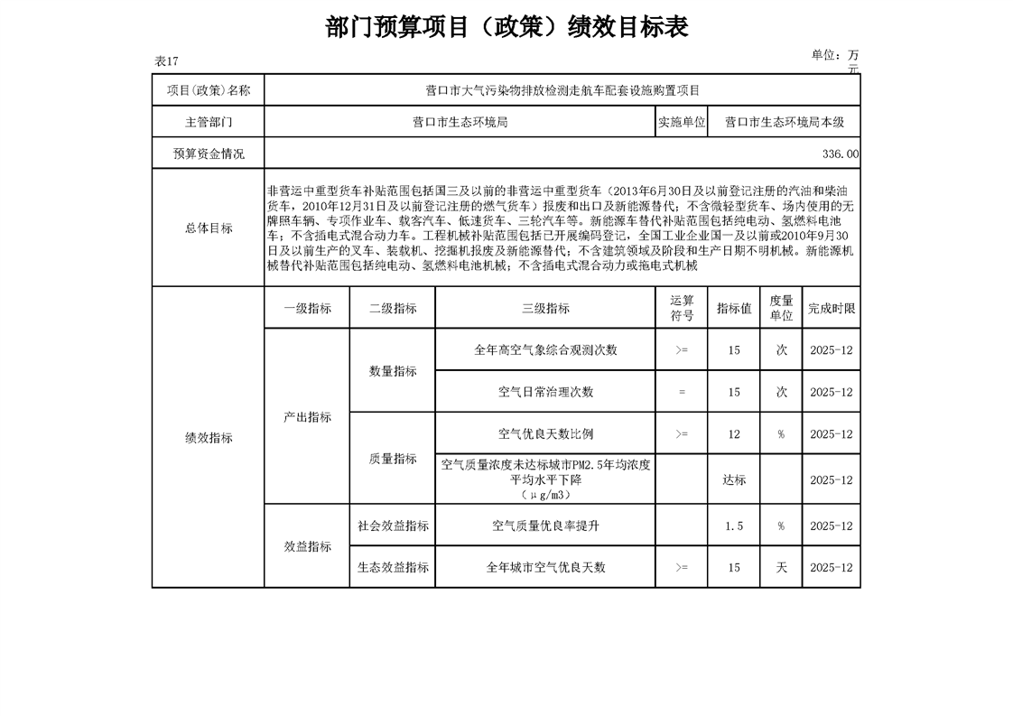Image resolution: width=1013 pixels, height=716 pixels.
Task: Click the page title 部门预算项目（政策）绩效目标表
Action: [506, 27]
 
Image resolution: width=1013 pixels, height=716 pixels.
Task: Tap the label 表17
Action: [167, 61]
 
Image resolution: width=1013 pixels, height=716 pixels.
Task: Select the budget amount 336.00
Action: [841, 154]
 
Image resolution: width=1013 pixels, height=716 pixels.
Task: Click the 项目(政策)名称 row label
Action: [209, 90]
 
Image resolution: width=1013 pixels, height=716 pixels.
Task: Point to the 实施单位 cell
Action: [682, 122]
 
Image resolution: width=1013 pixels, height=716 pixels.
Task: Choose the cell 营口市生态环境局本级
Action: [784, 122]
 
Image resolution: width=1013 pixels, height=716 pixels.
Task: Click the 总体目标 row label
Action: [209, 228]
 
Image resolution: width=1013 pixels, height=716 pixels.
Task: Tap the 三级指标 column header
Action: [545, 308]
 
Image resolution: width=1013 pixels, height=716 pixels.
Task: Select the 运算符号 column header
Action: [682, 308]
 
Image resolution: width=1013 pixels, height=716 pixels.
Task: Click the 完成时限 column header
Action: [832, 308]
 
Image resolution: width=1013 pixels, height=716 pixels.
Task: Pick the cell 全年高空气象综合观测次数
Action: [545, 350]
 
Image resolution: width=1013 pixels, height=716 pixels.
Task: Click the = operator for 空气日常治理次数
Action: [682, 393]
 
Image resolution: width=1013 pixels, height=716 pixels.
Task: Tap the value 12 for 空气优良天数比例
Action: [734, 434]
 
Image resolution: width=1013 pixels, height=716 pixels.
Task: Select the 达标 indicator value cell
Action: [734, 480]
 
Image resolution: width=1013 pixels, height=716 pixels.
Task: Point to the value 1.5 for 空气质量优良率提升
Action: [734, 526]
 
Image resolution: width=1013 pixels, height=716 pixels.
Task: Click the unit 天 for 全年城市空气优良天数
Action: [781, 568]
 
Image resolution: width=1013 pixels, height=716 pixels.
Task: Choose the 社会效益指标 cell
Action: [393, 526]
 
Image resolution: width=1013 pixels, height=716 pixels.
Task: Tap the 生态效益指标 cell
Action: [393, 568]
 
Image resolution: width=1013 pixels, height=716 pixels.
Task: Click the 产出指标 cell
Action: [307, 417]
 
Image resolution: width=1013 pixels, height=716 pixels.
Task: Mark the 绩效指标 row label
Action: [209, 438]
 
